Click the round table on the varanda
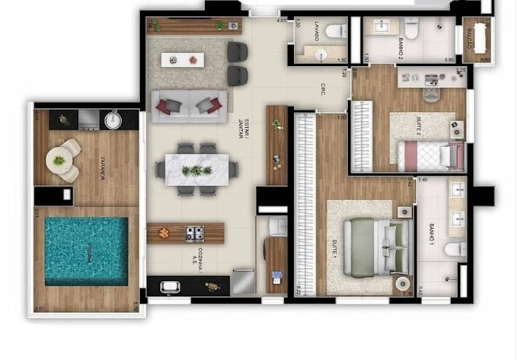point(59,160)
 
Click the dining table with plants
point(197,169)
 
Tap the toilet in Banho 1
point(456,250)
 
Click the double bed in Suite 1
point(370,245)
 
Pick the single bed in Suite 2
point(431,157)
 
